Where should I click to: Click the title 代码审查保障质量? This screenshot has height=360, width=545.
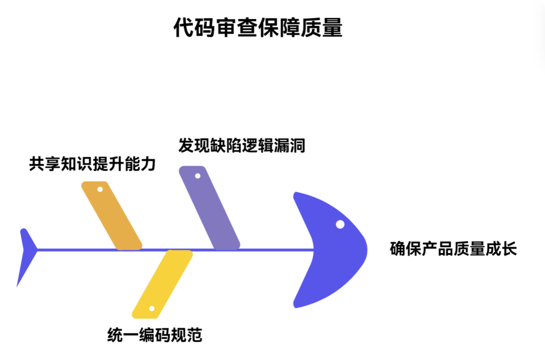(258, 28)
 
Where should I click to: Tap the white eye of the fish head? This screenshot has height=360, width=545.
(340, 224)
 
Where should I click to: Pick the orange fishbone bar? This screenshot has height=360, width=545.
(111, 215)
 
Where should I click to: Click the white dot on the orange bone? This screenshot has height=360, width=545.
(100, 189)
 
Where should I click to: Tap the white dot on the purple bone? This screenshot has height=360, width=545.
(197, 176)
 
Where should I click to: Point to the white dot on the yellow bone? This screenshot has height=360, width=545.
(151, 309)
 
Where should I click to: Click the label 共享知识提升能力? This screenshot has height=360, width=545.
(92, 163)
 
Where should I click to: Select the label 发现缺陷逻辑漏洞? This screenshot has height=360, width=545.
(242, 145)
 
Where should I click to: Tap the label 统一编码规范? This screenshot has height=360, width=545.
(154, 335)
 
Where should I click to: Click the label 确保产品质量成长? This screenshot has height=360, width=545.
(453, 249)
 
